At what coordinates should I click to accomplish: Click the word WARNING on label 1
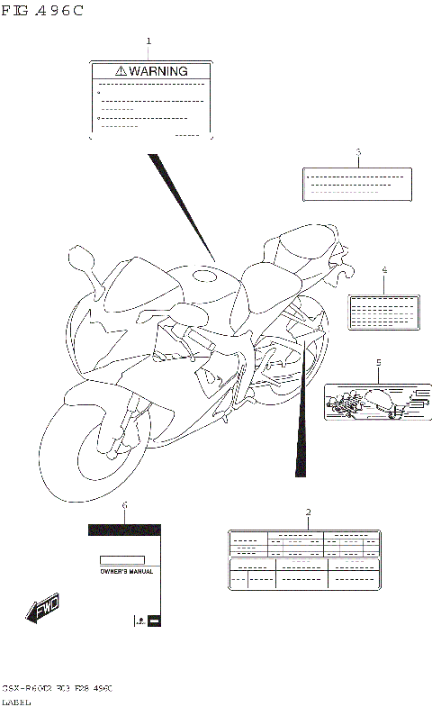coord(157,70)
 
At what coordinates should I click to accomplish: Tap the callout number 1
coord(148,41)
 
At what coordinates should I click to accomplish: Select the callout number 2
coord(309,512)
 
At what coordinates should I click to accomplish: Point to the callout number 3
coord(357,152)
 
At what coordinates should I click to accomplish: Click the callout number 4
coord(383,270)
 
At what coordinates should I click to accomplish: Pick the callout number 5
coord(378,362)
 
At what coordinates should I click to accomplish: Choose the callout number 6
coord(124,505)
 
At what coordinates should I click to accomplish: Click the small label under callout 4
coord(382,310)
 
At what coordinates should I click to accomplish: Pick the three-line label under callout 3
coord(357,184)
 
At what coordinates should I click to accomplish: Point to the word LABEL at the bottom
coord(18,701)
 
